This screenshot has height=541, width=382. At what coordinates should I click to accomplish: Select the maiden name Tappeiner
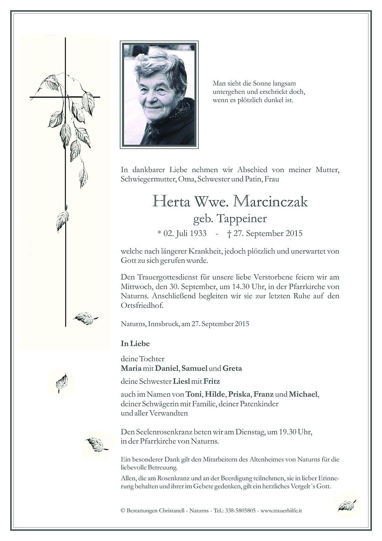click(x=244, y=219)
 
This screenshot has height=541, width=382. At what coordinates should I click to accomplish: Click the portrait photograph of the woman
click(x=159, y=95)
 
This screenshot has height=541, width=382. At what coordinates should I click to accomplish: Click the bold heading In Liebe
click(x=135, y=344)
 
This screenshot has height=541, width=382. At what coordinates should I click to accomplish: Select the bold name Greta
click(x=232, y=368)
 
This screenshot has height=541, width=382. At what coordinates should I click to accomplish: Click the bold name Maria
click(x=130, y=368)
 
